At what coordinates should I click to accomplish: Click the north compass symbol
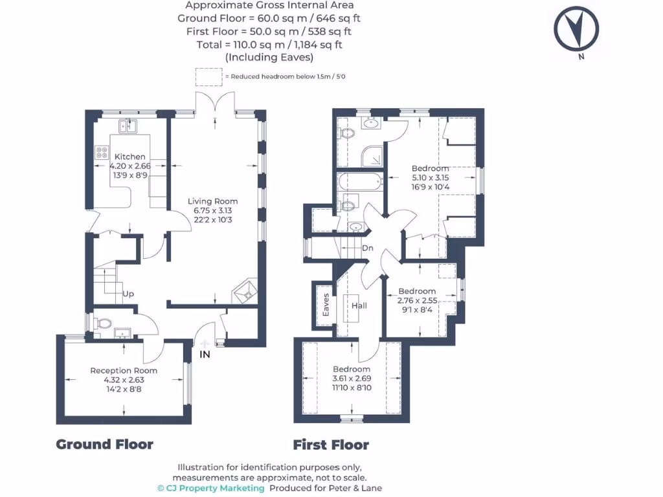(x=576, y=29)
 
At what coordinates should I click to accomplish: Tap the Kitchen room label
(x=130, y=157)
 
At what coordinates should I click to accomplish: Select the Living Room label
(x=212, y=201)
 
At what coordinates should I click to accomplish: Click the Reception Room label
(x=123, y=371)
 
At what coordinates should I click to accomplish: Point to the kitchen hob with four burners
(x=102, y=153)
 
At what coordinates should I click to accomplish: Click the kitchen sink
(x=127, y=125)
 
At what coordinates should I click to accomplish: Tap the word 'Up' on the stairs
(x=129, y=294)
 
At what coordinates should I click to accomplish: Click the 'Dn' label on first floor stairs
(x=368, y=248)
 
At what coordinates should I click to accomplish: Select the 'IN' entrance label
(x=205, y=355)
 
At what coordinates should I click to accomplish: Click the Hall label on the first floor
(x=359, y=305)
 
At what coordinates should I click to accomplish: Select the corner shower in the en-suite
(x=372, y=155)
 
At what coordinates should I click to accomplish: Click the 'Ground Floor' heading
(x=104, y=444)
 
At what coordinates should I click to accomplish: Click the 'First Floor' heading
(x=331, y=445)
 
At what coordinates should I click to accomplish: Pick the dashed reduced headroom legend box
(x=208, y=76)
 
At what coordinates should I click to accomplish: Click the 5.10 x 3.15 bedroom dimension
(x=431, y=178)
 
